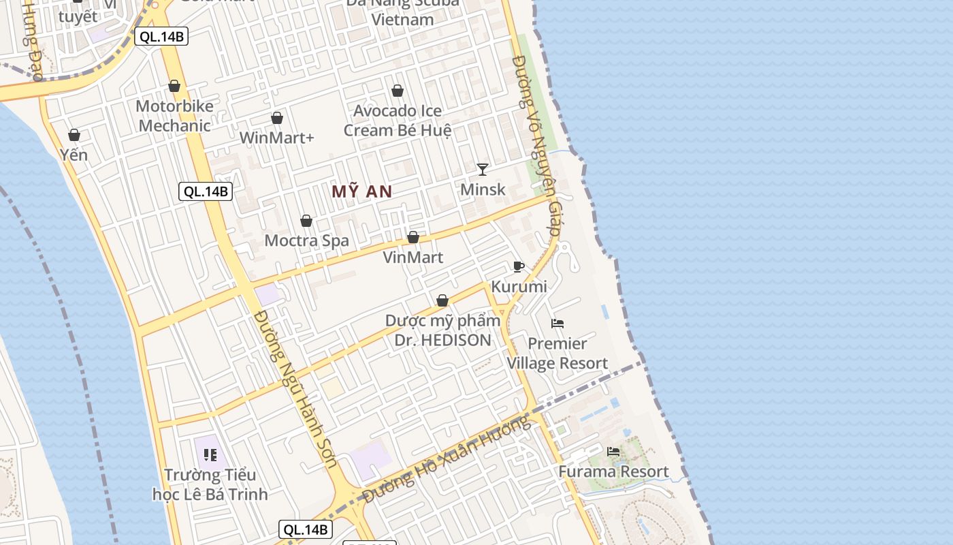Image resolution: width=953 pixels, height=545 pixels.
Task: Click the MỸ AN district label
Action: tap(362, 191)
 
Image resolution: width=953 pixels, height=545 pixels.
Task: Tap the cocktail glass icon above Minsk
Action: tap(483, 169)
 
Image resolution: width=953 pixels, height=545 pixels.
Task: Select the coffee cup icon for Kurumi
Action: tap(519, 266)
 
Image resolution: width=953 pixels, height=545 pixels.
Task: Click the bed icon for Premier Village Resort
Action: tap(558, 323)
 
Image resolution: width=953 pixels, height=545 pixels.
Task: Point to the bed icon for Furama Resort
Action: tap(613, 451)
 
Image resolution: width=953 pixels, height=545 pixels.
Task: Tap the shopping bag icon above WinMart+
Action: tap(277, 118)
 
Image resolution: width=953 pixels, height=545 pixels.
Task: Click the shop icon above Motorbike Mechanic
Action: tap(174, 86)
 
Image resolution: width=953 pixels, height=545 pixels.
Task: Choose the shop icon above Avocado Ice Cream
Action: tap(398, 91)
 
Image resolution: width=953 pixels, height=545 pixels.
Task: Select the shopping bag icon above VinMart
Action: tap(413, 237)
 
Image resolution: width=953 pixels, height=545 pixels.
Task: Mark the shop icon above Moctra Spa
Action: tap(306, 221)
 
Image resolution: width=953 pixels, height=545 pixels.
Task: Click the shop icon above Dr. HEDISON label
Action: tap(442, 300)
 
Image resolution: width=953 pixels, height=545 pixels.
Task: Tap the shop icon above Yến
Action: tap(74, 135)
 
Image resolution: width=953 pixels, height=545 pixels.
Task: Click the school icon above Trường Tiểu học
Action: tap(210, 454)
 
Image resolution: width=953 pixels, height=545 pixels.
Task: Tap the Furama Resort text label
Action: tap(613, 471)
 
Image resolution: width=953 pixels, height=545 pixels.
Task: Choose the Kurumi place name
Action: tap(519, 287)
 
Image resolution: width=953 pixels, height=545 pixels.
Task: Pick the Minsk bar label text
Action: tap(483, 189)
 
